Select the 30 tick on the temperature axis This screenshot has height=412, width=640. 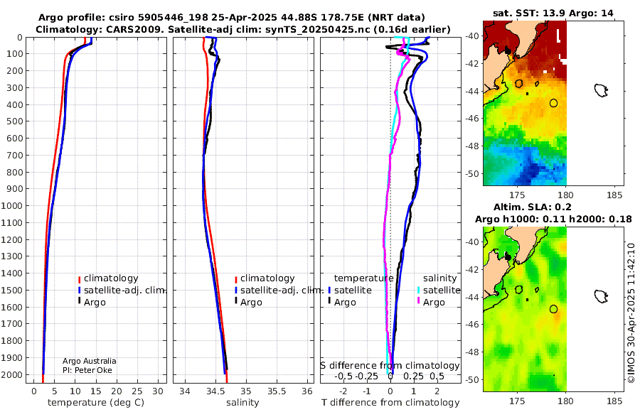coord(158,391)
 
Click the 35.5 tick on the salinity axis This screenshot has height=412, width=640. coord(277,391)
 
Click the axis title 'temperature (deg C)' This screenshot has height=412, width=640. coord(96,403)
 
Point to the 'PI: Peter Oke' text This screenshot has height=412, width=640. coord(87,370)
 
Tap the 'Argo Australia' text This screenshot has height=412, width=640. coord(90,361)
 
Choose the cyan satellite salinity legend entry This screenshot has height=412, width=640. coord(438,290)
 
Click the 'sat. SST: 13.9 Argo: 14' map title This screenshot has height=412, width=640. coord(553,13)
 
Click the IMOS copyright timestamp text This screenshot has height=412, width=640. coord(631,313)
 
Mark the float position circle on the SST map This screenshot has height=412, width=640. coord(553,103)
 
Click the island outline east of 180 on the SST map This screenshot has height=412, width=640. coord(601,90)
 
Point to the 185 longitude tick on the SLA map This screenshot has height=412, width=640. coord(614,401)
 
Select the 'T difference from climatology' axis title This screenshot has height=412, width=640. coord(390,403)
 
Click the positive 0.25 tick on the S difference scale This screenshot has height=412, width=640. coord(413,376)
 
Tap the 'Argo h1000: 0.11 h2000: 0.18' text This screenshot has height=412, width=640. coord(553,219)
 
